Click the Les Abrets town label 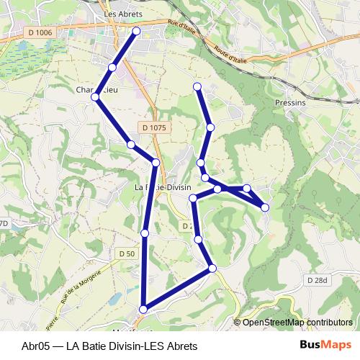click(123, 14)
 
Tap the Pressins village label click(289, 103)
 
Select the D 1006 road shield click(42, 32)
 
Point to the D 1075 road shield click(154, 127)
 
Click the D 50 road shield click(127, 253)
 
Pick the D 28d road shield click(316, 279)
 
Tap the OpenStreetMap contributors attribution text click(297, 323)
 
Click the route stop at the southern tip click(143, 309)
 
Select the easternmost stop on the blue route click(265, 207)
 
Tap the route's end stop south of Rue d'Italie click(197, 87)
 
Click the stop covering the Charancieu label click(96, 96)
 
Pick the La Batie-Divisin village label click(163, 186)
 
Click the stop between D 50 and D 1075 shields click(145, 233)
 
